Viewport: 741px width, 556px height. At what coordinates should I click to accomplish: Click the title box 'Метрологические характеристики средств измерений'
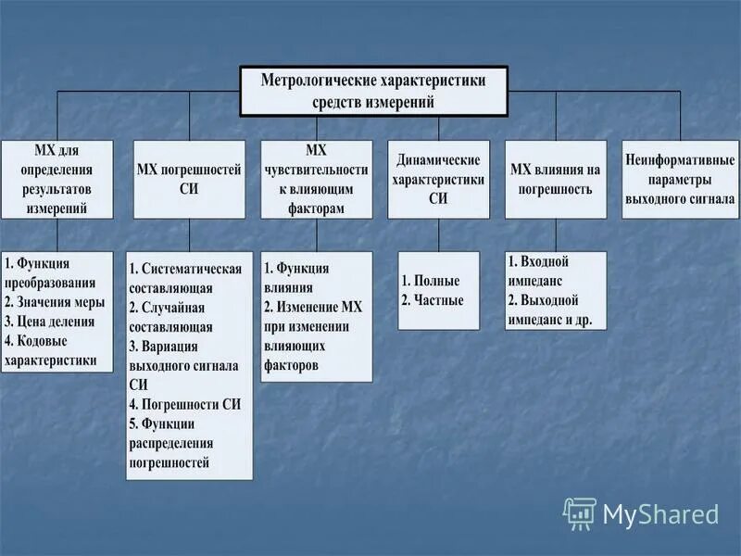point(373,91)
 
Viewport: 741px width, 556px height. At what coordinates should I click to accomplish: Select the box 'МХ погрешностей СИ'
point(189,179)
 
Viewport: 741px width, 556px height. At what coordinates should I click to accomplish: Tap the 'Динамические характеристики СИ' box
point(438,179)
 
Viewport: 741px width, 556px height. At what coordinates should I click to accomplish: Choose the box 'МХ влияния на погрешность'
point(556,179)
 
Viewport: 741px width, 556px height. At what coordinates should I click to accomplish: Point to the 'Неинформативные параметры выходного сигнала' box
point(680,179)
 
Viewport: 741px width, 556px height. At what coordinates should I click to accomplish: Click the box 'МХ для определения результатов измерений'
point(57,179)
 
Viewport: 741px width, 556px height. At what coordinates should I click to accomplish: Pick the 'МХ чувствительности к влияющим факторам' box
point(316,179)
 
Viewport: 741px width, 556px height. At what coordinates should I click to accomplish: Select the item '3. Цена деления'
point(51,322)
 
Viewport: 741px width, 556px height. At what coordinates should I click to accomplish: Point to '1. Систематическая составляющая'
point(185,278)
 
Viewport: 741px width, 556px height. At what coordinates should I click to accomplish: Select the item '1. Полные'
point(430,281)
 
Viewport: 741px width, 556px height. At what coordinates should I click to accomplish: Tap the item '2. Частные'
point(433,300)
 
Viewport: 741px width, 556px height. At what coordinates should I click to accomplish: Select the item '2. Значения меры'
point(55,302)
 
